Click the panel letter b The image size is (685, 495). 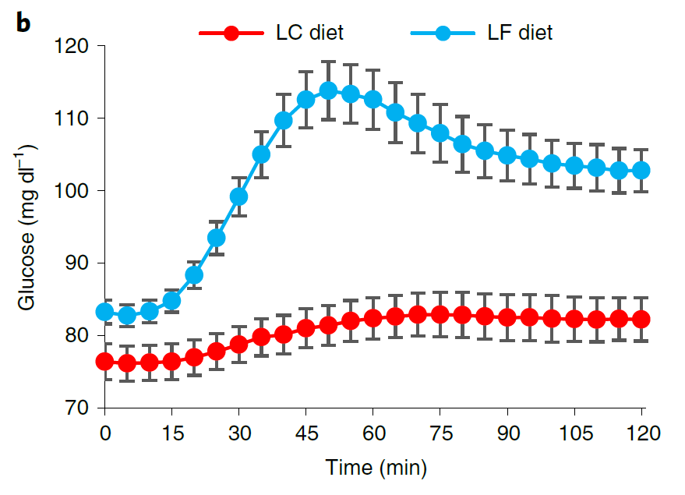coord(24,23)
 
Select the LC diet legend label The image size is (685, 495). coord(310,33)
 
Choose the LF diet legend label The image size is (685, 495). coord(521,33)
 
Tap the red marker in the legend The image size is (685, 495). coord(231,34)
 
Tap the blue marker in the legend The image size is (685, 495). coord(443,34)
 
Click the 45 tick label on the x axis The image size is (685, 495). coord(306,430)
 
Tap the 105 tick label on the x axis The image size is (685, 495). coord(575,430)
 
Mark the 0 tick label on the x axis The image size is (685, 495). coord(105,430)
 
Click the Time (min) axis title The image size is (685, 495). coord(374,468)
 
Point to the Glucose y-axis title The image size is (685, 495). coord(29,226)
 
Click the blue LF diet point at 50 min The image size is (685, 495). coord(329,90)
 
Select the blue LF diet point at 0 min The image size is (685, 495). coord(105,312)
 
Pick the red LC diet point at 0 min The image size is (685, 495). coord(105,362)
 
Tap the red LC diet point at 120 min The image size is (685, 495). coord(642,319)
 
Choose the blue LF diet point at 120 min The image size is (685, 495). coord(642,170)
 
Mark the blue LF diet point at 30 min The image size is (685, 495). coord(239,196)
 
